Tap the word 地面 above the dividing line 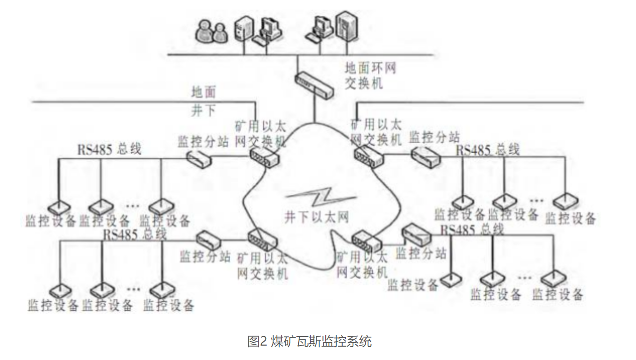click(203, 93)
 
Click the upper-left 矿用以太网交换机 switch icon click(264, 158)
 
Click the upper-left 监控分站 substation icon click(198, 158)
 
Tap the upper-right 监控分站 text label click(434, 137)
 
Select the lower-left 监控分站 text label click(205, 256)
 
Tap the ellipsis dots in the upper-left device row click(133, 206)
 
